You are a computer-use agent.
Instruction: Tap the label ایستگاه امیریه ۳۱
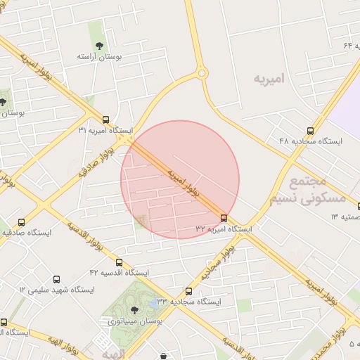(x=105, y=131)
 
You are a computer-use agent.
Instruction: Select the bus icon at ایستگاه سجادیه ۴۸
(x=311, y=130)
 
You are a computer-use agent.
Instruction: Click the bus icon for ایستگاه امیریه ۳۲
(x=224, y=218)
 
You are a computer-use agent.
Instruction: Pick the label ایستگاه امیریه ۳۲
(x=224, y=229)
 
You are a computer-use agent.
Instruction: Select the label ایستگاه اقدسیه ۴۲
(x=120, y=272)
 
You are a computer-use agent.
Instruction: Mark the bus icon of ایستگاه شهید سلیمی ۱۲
(x=57, y=278)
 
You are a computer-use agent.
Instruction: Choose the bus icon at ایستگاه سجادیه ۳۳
(x=188, y=290)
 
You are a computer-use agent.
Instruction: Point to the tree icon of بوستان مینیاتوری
(x=134, y=309)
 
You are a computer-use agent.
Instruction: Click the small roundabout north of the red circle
(x=202, y=72)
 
